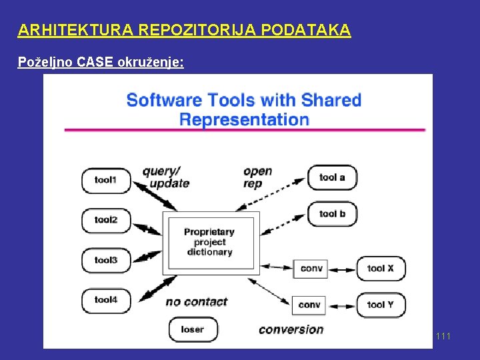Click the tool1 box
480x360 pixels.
coord(106,180)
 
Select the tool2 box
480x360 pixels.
coord(106,220)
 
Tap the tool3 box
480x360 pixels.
coord(106,260)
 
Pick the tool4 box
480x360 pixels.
coord(106,300)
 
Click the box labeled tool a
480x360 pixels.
coord(332,177)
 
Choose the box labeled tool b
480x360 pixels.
coord(332,214)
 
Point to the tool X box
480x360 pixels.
coord(381,268)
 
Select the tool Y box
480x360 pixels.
coord(381,305)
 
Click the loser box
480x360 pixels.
coord(192,329)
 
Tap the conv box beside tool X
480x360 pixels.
coord(311,268)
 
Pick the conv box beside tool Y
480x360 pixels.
coord(309,305)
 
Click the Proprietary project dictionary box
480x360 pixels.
coord(210,242)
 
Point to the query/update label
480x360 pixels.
coord(165,177)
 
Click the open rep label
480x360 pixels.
coord(257,177)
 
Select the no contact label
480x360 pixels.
coord(197,302)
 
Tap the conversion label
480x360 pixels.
coord(291,329)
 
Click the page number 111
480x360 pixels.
coord(443,336)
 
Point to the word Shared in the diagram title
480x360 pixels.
coord(331,101)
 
